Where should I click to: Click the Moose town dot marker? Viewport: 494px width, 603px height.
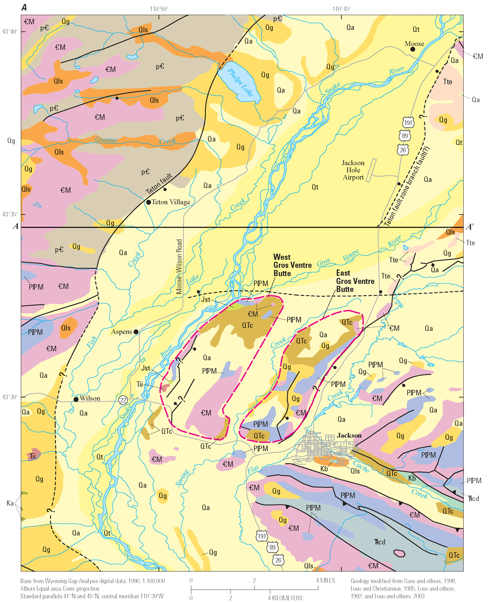412,49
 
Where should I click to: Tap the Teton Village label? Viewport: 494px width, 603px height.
171,202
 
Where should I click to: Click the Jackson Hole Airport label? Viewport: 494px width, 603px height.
353,170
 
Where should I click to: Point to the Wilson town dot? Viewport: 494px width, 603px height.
76,399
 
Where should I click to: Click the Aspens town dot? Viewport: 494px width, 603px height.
136,332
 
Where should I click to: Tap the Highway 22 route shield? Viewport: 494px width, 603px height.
123,399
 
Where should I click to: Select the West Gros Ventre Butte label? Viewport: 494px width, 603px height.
292,265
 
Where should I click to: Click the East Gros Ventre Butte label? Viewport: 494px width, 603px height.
355,281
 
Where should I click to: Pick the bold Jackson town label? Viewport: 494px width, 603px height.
349,435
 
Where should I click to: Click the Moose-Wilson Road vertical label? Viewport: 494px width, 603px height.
179,267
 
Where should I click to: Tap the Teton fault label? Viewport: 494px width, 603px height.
159,184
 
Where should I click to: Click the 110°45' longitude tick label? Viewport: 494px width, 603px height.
341,9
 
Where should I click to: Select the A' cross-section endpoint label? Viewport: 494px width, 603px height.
470,227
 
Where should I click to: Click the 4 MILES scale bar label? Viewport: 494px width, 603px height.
326,580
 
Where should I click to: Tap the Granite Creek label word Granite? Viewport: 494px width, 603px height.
106,140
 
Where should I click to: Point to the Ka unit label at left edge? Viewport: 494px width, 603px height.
10,503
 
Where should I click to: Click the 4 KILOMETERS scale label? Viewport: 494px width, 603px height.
285,598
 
